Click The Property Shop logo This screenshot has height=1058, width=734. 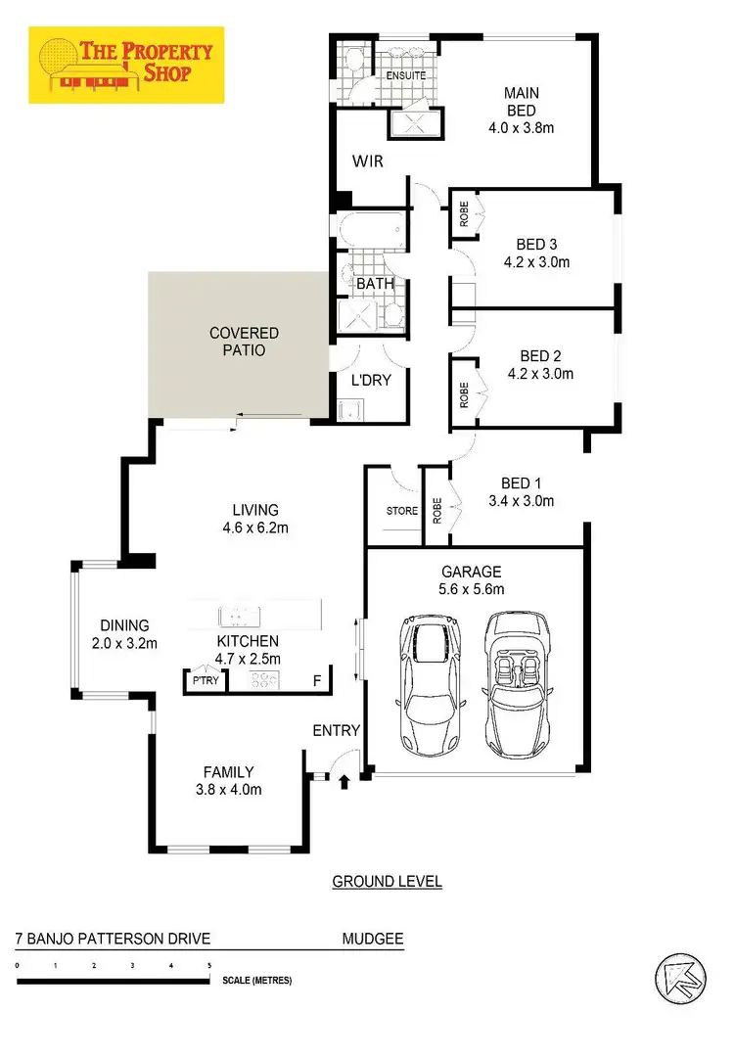click(x=126, y=66)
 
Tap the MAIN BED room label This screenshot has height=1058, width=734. click(x=522, y=102)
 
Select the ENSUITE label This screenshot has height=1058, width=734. click(x=406, y=74)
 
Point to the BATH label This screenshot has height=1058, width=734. click(x=375, y=284)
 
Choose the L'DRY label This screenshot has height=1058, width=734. click(x=371, y=380)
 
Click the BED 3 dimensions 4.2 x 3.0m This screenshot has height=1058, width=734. click(x=536, y=262)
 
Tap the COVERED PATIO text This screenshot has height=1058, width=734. click(x=244, y=342)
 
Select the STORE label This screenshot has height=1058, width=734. click(x=401, y=511)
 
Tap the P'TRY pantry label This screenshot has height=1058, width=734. click(x=206, y=681)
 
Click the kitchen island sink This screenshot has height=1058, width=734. click(x=239, y=616)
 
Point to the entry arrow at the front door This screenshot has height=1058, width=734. click(x=344, y=781)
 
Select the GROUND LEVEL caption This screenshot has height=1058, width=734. click(x=387, y=882)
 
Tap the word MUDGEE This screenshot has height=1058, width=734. click(x=372, y=940)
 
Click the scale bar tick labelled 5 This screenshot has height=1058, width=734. click(x=209, y=966)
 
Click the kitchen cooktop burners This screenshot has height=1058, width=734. click(x=265, y=681)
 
